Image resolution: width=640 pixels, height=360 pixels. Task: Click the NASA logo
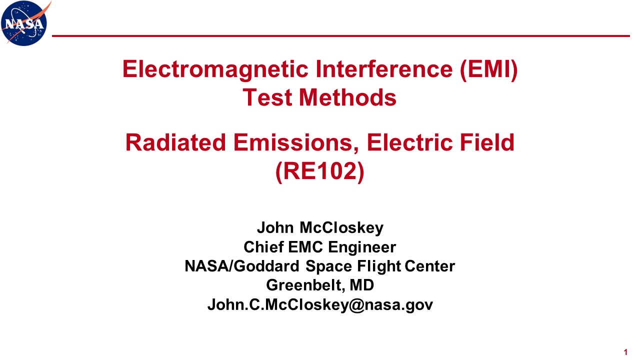point(25,23)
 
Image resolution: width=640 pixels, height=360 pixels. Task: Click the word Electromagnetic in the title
point(215,69)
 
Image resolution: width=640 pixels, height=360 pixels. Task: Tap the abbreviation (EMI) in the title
point(489,70)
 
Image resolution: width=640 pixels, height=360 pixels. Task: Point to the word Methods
point(347,97)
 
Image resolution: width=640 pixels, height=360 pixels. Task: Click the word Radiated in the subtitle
point(175,142)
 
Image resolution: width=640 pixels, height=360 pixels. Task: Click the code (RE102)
point(319,171)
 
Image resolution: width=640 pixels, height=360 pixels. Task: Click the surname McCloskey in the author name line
point(341,228)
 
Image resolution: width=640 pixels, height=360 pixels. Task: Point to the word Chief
point(263,247)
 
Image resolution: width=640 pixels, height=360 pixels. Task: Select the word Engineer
point(362,247)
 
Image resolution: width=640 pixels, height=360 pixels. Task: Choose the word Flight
point(379,266)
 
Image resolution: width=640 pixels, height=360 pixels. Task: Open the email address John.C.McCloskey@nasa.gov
point(320,305)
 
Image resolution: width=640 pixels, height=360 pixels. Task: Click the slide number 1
point(625,352)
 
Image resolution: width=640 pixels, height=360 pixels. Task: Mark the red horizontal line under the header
point(341,36)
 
